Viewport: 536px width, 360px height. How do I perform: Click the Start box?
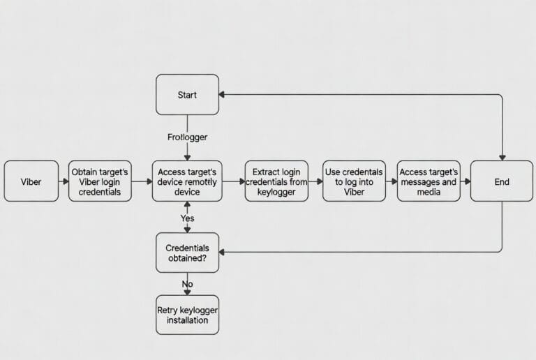(187, 94)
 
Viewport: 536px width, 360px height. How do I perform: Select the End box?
(502, 181)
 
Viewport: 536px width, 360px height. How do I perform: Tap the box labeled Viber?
(31, 181)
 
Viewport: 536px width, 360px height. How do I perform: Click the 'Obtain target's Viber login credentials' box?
(100, 181)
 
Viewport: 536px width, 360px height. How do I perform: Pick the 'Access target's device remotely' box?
(187, 181)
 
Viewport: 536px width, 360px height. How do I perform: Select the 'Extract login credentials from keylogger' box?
(276, 181)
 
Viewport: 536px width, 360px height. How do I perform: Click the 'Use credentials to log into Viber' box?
(354, 181)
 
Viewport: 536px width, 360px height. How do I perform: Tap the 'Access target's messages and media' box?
(429, 181)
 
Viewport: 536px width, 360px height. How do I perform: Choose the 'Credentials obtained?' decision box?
(187, 253)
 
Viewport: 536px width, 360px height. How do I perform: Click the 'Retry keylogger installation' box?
(187, 315)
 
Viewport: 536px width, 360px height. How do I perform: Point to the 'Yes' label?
(187, 218)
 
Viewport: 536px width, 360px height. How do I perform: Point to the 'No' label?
(187, 284)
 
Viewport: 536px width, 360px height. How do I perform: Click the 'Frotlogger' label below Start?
(187, 137)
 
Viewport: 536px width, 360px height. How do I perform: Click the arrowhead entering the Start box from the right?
(223, 94)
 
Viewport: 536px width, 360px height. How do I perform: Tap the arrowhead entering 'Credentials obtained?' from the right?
(223, 252)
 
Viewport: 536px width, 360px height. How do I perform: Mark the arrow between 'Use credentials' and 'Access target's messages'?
(392, 181)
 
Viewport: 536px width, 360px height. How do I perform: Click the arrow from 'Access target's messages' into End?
(465, 181)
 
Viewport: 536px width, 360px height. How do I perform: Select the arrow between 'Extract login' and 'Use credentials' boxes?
(315, 181)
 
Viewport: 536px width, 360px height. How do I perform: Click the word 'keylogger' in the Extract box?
(276, 192)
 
